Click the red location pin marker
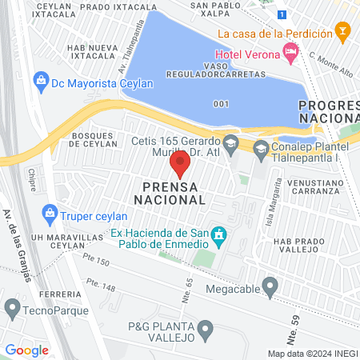click(180, 166)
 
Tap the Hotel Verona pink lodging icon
click(290, 54)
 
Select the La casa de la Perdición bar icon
click(343, 34)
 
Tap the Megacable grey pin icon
click(270, 286)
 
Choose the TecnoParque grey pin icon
click(12, 307)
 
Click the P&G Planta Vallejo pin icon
click(207, 328)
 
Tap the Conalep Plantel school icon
click(261, 148)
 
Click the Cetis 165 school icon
click(230, 143)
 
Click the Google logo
click(27, 350)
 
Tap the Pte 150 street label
click(96, 261)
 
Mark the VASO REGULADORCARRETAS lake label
click(214, 74)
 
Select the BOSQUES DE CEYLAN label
click(94, 141)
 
